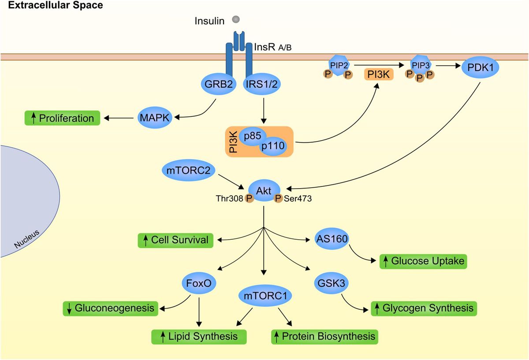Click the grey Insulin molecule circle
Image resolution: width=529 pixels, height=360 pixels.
point(236,19)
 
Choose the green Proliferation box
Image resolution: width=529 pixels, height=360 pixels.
point(62,118)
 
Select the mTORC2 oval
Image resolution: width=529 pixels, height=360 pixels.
point(188,170)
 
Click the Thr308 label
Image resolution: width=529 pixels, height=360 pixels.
point(229,199)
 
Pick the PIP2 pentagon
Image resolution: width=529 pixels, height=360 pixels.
point(338,64)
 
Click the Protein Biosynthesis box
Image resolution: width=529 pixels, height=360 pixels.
point(324,336)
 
